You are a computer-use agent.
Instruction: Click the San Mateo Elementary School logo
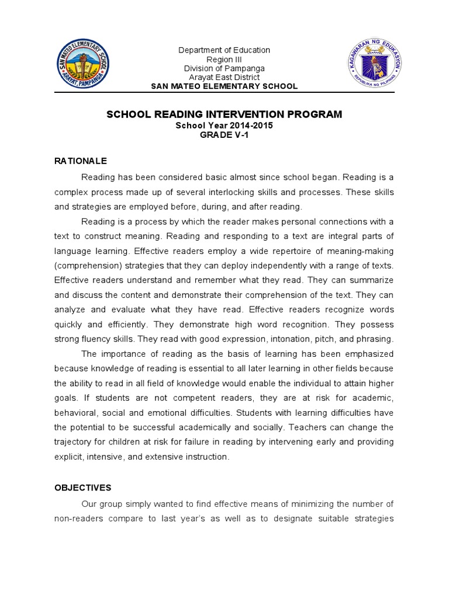pos(82,64)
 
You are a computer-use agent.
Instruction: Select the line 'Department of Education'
pos(224,50)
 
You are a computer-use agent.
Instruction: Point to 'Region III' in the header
pos(224,60)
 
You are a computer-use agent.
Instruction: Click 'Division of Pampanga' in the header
pos(224,68)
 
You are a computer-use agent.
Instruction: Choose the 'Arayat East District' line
pos(224,77)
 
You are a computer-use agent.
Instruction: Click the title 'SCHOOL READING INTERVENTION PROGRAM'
pos(224,114)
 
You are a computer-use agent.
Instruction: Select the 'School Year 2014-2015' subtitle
pos(224,125)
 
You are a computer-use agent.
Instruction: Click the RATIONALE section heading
pos(81,161)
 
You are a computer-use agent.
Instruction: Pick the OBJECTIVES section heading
pos(82,487)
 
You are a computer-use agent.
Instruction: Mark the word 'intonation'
pos(280,339)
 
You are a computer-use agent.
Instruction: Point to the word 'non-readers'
pos(78,518)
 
